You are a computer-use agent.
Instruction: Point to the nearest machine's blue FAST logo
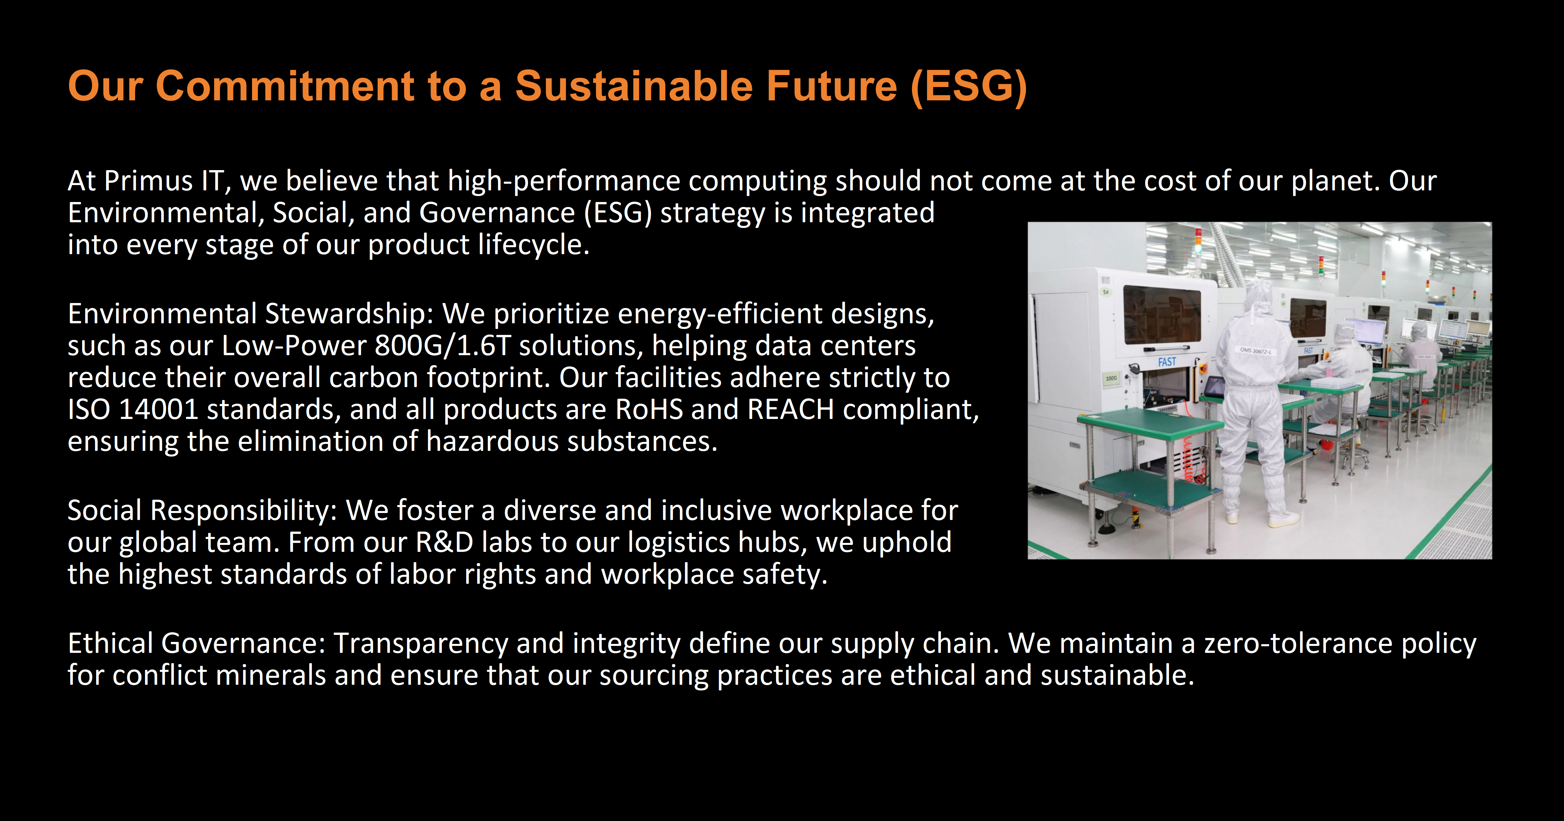(1167, 362)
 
